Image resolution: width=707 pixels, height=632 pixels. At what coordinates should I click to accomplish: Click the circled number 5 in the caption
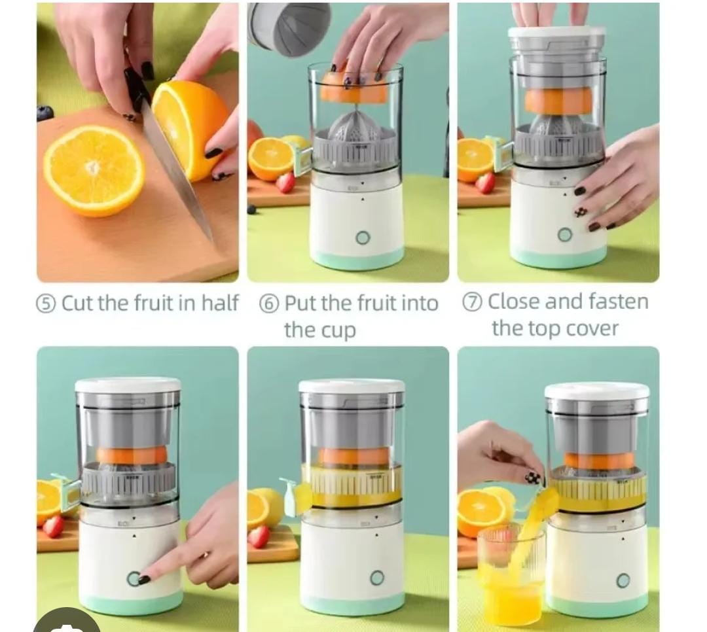tap(46, 304)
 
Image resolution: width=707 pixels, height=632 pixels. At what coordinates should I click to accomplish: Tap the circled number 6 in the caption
tap(269, 304)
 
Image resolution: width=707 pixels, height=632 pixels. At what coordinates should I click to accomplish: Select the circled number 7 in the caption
tap(472, 302)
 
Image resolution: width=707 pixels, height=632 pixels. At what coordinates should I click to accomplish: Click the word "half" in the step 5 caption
tap(219, 303)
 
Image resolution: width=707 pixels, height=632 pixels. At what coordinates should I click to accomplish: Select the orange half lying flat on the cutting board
tap(94, 170)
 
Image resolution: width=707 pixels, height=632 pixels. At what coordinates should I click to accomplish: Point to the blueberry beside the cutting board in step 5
tap(45, 113)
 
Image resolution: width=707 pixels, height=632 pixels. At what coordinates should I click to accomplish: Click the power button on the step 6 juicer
tap(363, 237)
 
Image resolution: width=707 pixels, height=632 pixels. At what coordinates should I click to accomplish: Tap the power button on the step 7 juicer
tap(564, 234)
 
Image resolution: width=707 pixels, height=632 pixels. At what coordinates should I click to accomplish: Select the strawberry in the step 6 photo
tap(286, 183)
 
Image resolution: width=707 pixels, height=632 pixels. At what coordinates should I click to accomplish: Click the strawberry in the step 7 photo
tap(485, 183)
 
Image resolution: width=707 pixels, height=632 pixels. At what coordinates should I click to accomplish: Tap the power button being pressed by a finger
tap(134, 579)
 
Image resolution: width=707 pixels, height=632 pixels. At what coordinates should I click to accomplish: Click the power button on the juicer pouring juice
tap(623, 580)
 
